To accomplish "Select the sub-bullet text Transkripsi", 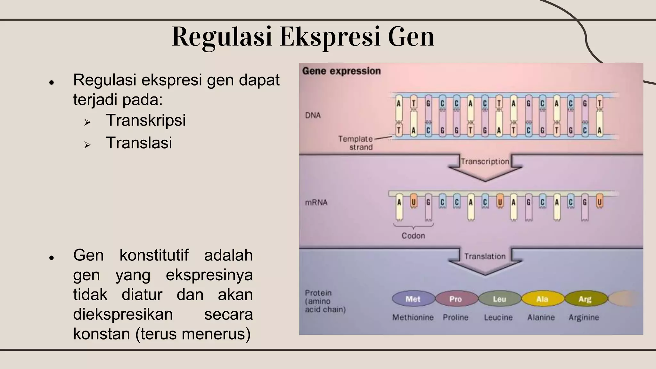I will (x=146, y=120).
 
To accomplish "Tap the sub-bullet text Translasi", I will (x=139, y=143).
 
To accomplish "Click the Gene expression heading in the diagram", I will (x=341, y=71).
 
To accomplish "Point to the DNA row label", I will (x=313, y=115).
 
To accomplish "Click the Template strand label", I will (x=356, y=143).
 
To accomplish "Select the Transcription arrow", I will (x=485, y=167).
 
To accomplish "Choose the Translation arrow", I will (x=485, y=260).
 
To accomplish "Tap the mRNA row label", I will (x=316, y=202).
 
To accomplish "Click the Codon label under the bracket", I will (x=413, y=236).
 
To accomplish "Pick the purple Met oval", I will (x=413, y=299).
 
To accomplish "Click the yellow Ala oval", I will (x=542, y=299).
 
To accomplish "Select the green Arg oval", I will (x=585, y=299).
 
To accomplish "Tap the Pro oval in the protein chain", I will (x=455, y=299).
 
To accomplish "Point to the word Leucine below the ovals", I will (x=498, y=317).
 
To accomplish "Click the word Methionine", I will (x=413, y=317).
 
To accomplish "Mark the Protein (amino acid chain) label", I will (x=325, y=301).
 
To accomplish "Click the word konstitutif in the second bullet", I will (x=154, y=255).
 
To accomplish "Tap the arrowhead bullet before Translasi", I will (x=87, y=145).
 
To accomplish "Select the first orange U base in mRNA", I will (x=414, y=202).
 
